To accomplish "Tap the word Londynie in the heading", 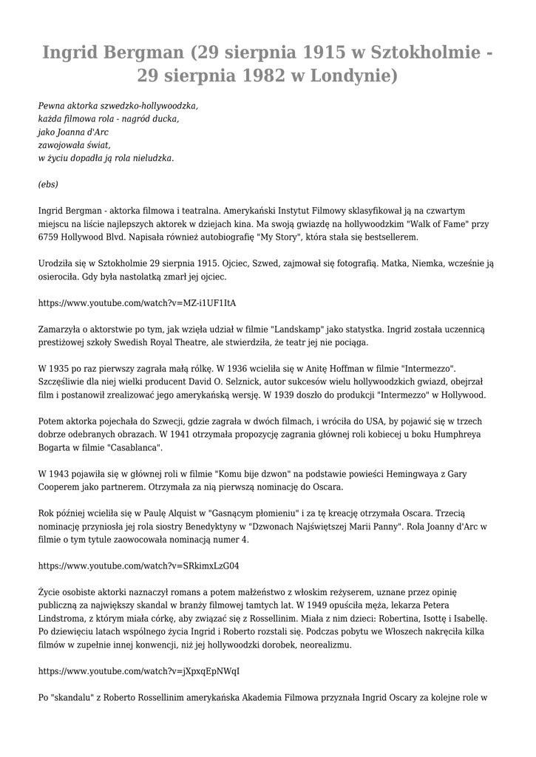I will pos(351,76).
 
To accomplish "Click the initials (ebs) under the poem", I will pos(48,184).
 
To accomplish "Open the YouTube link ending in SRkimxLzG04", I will pos(138,566).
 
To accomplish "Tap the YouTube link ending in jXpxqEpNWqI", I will pos(139,671).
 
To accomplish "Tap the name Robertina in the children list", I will pos(379,619).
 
